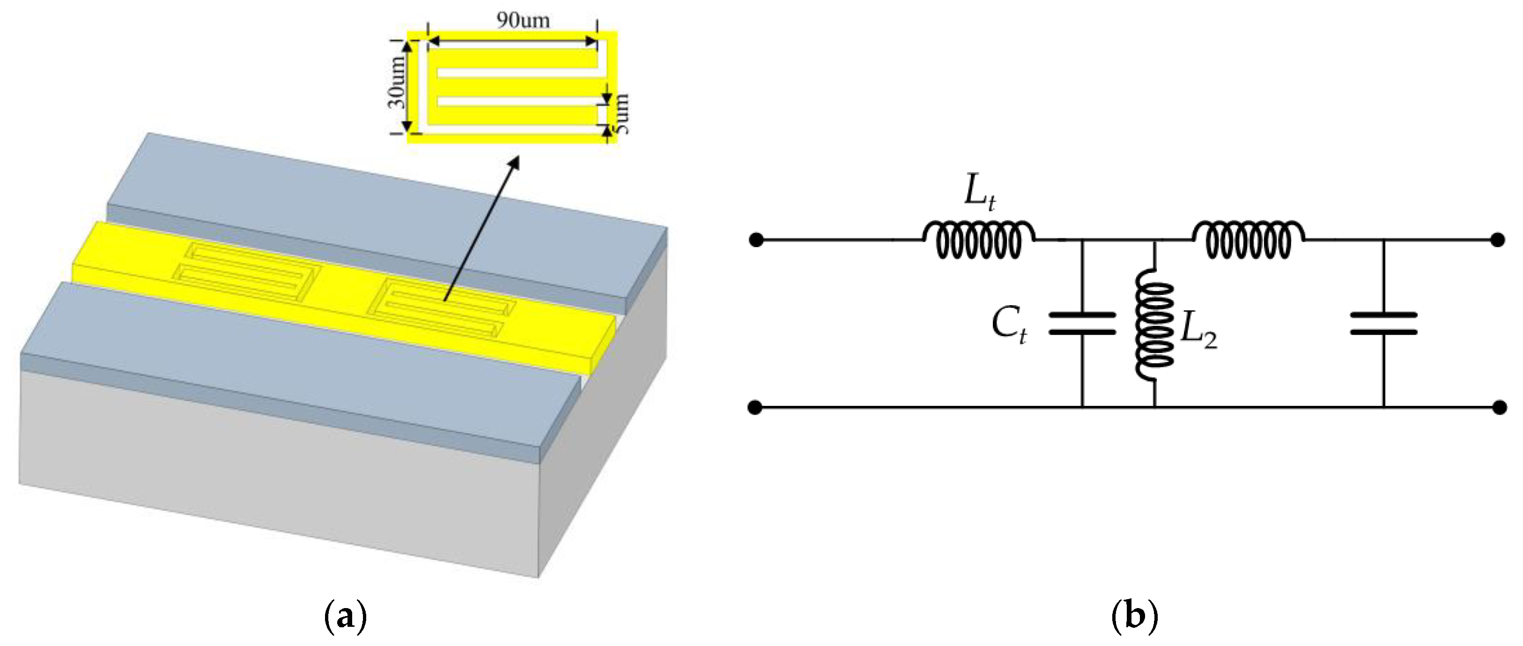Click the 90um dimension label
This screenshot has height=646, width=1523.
click(x=523, y=21)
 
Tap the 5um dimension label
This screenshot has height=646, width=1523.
click(x=621, y=114)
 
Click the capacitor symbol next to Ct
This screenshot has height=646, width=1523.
click(x=1082, y=324)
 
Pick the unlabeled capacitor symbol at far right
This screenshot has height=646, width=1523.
click(x=1383, y=324)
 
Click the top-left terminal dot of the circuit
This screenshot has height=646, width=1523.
click(x=755, y=240)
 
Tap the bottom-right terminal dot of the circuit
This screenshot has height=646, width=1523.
click(x=1499, y=407)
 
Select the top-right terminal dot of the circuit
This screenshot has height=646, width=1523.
click(x=1498, y=240)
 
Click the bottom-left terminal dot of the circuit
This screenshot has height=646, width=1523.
click(x=755, y=407)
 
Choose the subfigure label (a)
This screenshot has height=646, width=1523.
click(x=346, y=617)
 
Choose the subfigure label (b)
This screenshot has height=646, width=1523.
click(x=1134, y=617)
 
